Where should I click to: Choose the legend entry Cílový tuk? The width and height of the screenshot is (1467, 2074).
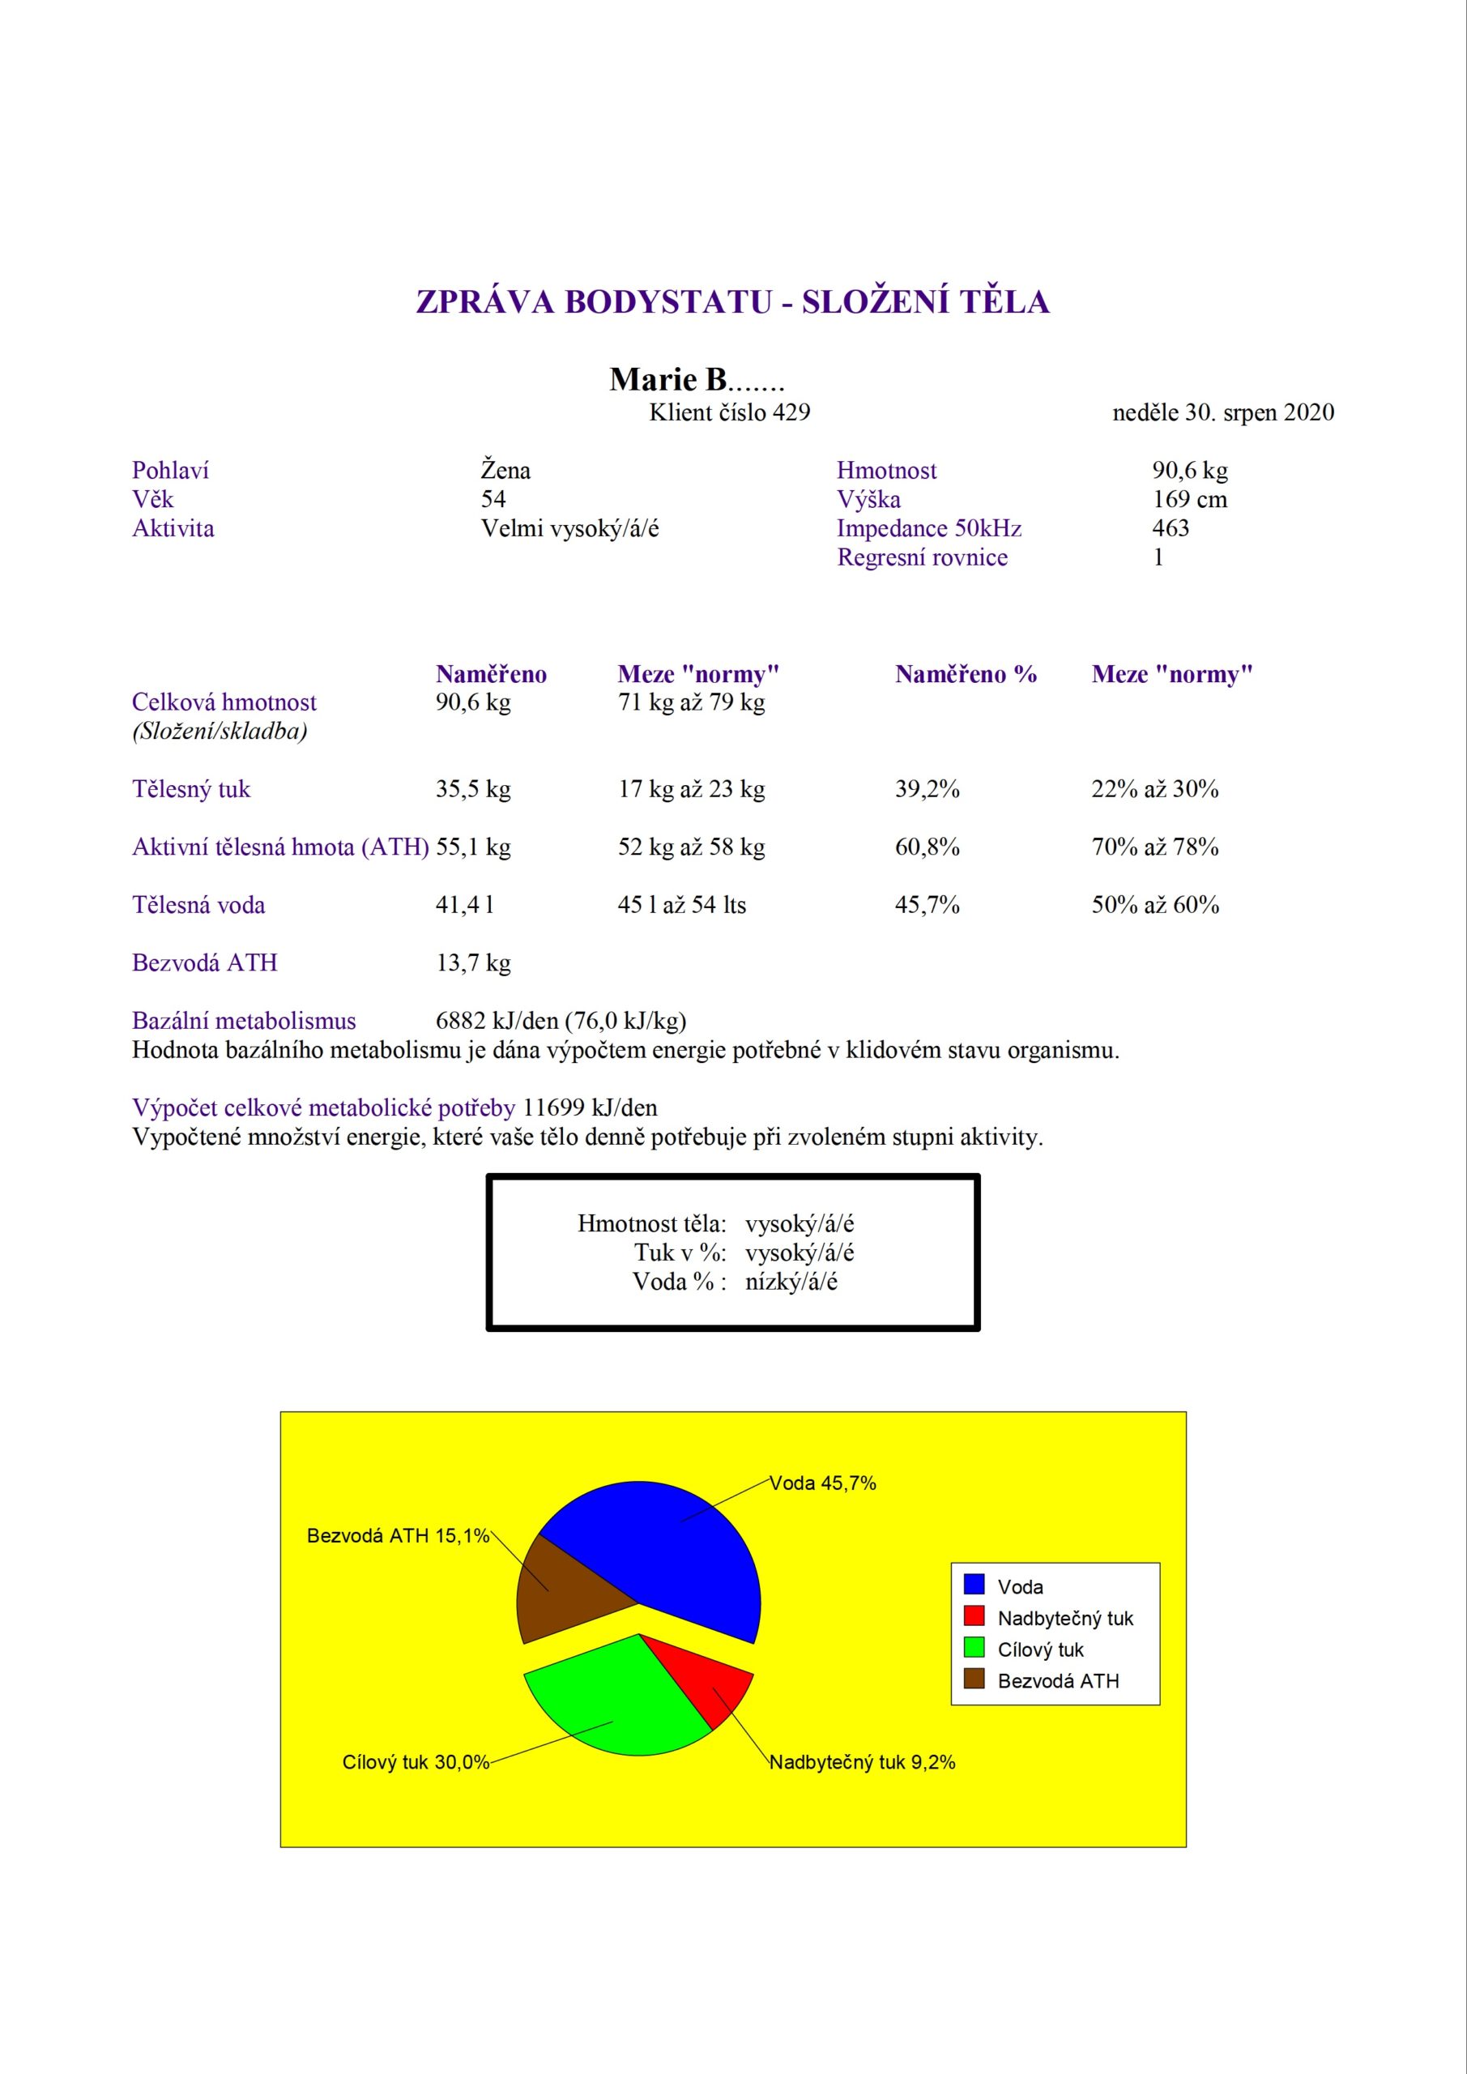pos(1040,1649)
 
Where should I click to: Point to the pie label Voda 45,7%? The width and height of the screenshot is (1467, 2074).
pos(823,1483)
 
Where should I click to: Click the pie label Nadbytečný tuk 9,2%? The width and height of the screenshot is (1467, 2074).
pos(862,1762)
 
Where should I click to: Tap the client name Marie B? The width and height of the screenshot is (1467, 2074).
pos(696,379)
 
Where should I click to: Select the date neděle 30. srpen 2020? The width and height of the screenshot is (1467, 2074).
pos(1223,413)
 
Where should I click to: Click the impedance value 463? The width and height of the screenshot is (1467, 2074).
pos(1171,528)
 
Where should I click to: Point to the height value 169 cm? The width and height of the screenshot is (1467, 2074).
pos(1189,500)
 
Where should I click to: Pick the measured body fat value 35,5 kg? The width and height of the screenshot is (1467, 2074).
pos(473,789)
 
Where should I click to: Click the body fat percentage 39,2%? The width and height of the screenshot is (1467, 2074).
pos(927,789)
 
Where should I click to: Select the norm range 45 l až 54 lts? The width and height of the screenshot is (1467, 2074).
pos(682,905)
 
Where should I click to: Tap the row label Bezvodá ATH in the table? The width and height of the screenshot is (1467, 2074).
pos(205,963)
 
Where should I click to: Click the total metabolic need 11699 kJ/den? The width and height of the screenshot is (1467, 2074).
pos(590,1108)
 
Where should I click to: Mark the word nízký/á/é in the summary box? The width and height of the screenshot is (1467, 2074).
pos(791,1282)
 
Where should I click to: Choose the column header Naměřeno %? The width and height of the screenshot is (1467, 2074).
pos(966,675)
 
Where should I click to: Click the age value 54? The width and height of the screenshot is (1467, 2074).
pos(493,500)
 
